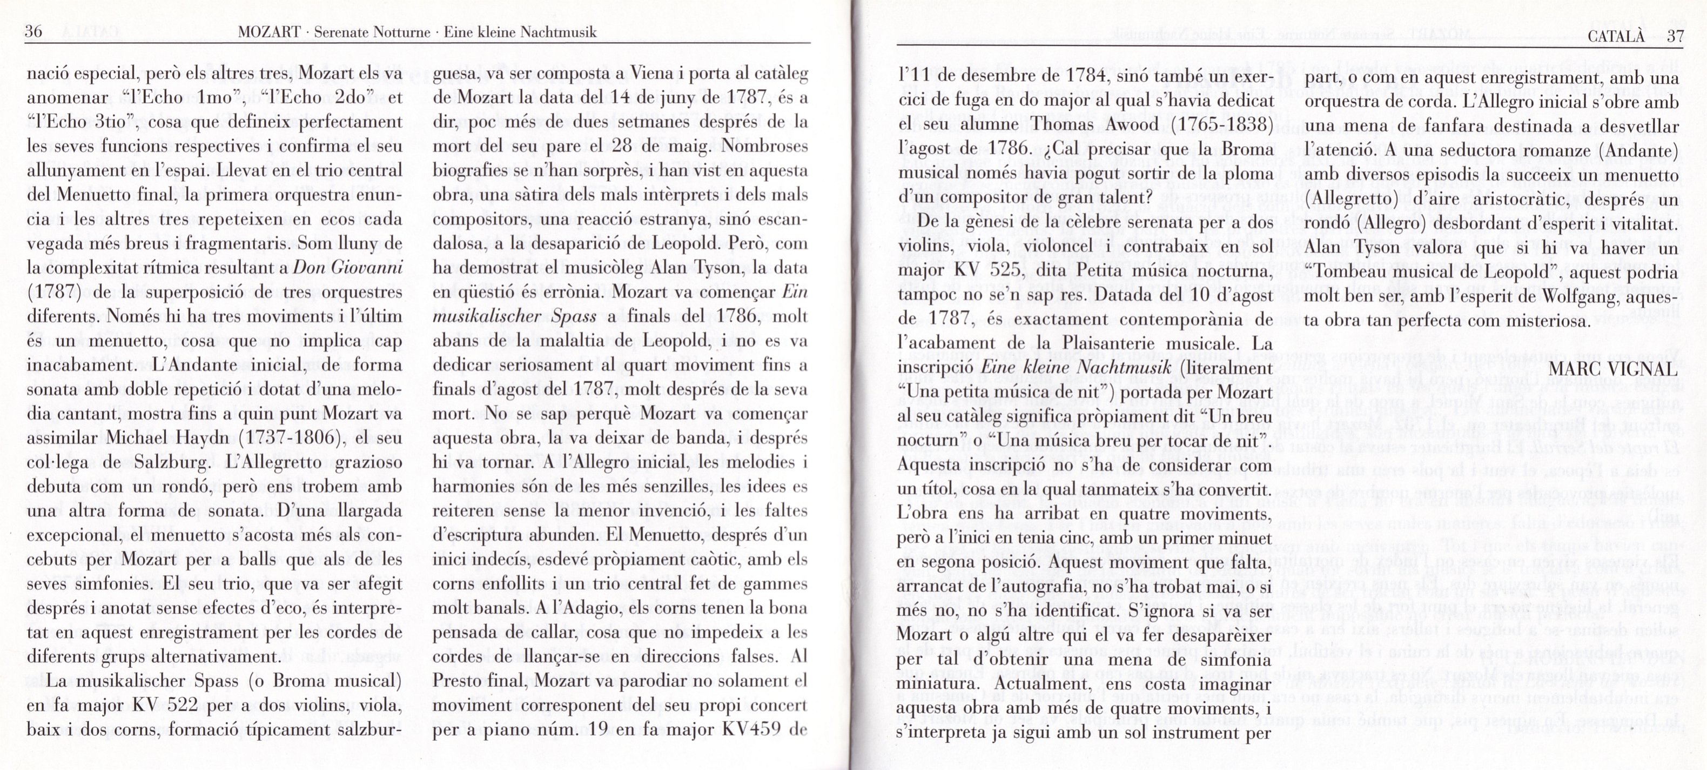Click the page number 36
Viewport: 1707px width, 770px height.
click(33, 31)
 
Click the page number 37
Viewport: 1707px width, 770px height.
click(1675, 36)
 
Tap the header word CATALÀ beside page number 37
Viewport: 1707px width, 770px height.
click(1616, 36)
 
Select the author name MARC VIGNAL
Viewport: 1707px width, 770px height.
click(1613, 369)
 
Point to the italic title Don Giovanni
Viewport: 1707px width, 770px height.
click(348, 268)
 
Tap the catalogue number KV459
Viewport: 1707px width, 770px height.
click(750, 730)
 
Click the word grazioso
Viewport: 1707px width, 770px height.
click(368, 462)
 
